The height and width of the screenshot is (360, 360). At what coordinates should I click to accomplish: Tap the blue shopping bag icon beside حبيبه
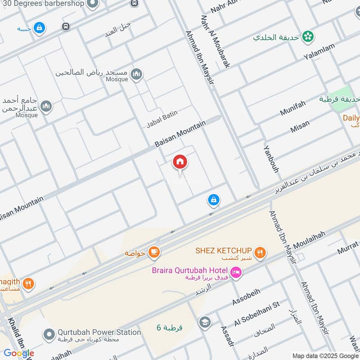pyautogui.click(x=40, y=28)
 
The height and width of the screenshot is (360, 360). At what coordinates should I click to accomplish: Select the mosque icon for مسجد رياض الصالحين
pyautogui.click(x=137, y=74)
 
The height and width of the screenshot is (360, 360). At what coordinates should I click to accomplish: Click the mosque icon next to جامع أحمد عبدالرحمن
pyautogui.click(x=46, y=107)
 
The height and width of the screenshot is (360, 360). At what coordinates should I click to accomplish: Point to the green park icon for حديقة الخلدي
pyautogui.click(x=308, y=36)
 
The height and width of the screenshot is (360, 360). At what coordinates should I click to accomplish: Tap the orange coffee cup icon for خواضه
pyautogui.click(x=154, y=252)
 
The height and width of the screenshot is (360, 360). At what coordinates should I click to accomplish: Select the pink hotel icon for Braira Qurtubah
pyautogui.click(x=236, y=272)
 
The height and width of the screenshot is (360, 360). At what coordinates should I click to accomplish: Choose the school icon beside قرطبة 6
pyautogui.click(x=205, y=323)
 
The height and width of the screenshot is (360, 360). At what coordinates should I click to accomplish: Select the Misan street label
pyautogui.click(x=300, y=127)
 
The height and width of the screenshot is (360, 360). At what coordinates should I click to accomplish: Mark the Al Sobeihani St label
pyautogui.click(x=257, y=314)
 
